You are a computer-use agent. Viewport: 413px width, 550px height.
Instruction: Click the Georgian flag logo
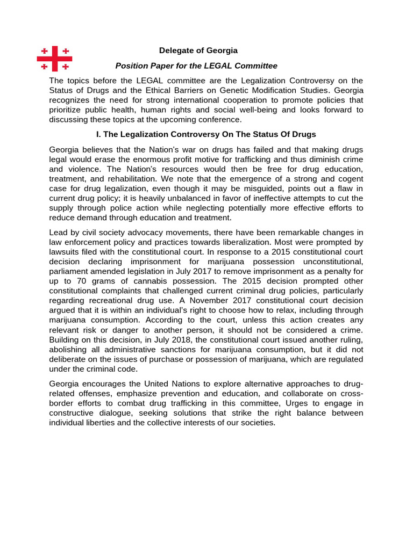pyautogui.click(x=54, y=59)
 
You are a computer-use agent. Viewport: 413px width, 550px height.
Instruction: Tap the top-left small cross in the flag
pyautogui.click(x=45, y=51)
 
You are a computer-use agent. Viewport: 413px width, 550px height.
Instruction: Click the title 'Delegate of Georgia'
pyautogui.click(x=198, y=50)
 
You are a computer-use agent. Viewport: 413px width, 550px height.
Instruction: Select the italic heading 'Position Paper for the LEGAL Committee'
pyautogui.click(x=196, y=66)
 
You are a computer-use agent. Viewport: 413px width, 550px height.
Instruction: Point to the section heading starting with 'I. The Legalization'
pyautogui.click(x=206, y=134)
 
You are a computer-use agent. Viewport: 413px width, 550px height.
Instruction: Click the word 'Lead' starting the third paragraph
pyautogui.click(x=58, y=232)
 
